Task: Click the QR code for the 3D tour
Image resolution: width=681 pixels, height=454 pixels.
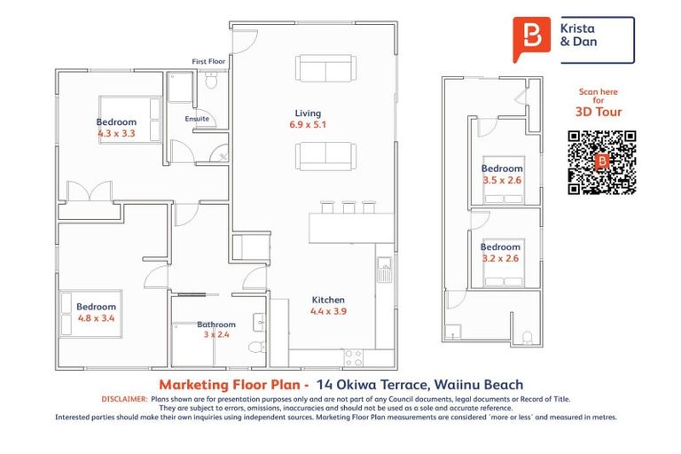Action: click(602, 162)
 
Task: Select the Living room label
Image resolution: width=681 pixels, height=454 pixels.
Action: click(308, 113)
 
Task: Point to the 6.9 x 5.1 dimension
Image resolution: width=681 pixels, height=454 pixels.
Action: click(308, 125)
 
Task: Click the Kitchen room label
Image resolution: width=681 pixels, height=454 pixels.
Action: click(327, 300)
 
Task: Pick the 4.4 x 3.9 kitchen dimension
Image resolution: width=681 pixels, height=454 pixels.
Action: click(327, 312)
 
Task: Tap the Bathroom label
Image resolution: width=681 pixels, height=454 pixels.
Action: click(216, 325)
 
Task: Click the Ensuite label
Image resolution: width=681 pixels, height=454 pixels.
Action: click(197, 118)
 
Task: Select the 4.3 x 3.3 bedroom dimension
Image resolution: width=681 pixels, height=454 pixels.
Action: click(116, 134)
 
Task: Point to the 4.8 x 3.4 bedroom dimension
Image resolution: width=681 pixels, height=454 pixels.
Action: click(96, 318)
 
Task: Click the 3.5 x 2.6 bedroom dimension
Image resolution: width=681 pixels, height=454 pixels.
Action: click(501, 180)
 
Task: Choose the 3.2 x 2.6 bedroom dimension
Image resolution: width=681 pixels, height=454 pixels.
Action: click(500, 259)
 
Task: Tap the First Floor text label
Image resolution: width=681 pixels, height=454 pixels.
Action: click(209, 61)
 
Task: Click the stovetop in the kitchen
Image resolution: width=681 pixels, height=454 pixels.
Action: click(353, 357)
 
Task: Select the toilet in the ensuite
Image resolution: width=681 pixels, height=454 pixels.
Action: click(211, 82)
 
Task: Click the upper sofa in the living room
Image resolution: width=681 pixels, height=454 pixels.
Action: click(325, 68)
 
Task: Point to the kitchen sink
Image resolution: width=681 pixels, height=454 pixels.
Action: click(384, 264)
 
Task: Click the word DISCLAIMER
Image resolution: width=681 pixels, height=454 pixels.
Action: click(125, 399)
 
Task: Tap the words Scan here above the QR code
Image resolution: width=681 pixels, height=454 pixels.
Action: click(598, 92)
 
